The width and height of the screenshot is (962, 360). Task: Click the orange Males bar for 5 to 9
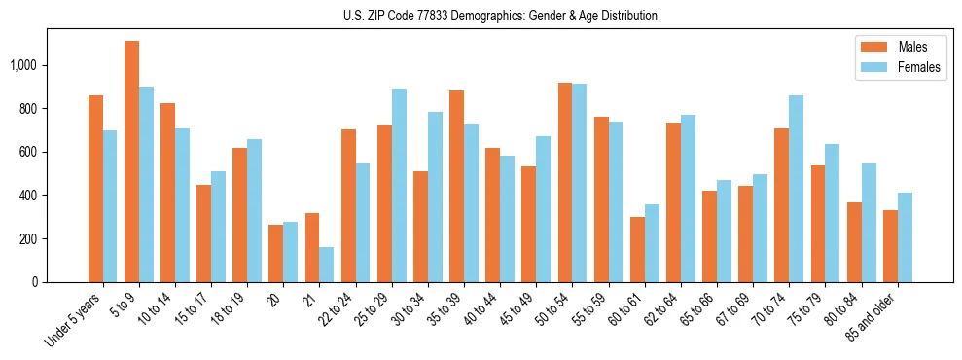[x=131, y=162]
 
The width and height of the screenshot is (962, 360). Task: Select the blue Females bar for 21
[x=327, y=265]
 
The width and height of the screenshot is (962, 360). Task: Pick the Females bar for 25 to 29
[x=399, y=186]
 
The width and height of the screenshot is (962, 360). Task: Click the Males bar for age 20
[x=276, y=254]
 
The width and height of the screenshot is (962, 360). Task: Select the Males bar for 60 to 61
[x=637, y=250]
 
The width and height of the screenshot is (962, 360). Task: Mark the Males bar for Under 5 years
[x=95, y=189]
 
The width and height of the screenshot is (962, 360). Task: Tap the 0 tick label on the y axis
[x=36, y=282]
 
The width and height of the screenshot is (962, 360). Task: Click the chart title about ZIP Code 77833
[x=500, y=16]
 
